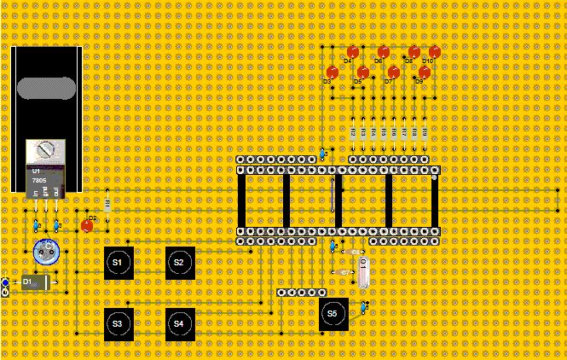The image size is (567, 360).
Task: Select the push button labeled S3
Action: [118, 323]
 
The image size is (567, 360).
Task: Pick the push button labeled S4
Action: [179, 323]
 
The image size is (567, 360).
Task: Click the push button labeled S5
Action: [333, 313]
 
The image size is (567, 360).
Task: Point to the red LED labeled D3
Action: [333, 73]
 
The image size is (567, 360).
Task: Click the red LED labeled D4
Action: [353, 52]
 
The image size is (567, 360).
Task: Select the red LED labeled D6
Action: [384, 52]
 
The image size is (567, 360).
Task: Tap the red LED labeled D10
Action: [434, 52]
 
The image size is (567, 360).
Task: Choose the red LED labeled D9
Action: [424, 73]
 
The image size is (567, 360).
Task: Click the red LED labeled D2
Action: [87, 225]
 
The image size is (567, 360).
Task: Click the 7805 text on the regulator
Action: [39, 181]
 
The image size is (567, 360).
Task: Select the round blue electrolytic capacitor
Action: [45, 253]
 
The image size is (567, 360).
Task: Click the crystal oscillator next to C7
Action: [364, 272]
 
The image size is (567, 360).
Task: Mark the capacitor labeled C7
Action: [344, 272]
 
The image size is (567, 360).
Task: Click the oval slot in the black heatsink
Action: [45, 90]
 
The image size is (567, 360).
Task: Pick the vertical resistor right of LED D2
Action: [107, 205]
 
